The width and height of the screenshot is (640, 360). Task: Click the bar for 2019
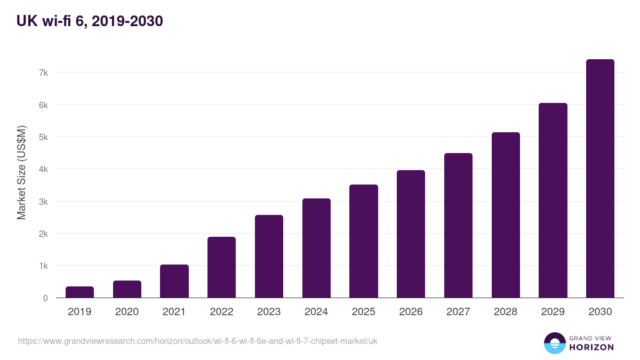pyautogui.click(x=79, y=292)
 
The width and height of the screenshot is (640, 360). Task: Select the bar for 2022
pyautogui.click(x=221, y=267)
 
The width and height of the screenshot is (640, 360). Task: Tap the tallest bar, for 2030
pyautogui.click(x=600, y=179)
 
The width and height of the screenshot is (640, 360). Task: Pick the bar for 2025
pyautogui.click(x=363, y=241)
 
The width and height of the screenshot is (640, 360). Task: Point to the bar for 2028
pyautogui.click(x=506, y=215)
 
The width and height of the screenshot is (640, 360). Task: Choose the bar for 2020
pyautogui.click(x=127, y=289)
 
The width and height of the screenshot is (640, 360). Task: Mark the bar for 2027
pyautogui.click(x=458, y=225)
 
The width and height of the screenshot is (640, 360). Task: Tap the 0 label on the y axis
pyautogui.click(x=45, y=298)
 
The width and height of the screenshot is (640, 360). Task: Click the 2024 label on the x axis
pyautogui.click(x=316, y=312)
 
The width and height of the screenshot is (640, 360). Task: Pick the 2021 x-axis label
pyautogui.click(x=174, y=312)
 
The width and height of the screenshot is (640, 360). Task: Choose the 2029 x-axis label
pyautogui.click(x=553, y=312)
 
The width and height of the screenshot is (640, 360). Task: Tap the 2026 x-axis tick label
pyautogui.click(x=411, y=312)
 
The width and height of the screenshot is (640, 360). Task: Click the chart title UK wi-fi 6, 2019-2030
pyautogui.click(x=90, y=21)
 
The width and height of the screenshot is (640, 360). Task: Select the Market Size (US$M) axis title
pyautogui.click(x=21, y=172)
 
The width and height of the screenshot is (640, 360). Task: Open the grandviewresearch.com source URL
pyautogui.click(x=197, y=341)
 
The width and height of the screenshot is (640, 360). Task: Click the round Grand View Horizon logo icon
pyautogui.click(x=554, y=343)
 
